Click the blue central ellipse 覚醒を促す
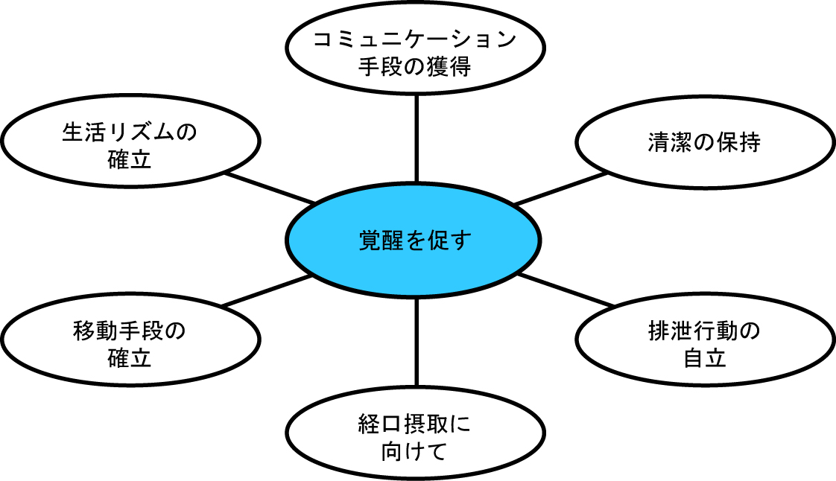point(414,240)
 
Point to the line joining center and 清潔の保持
point(560,188)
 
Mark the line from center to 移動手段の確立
point(267,291)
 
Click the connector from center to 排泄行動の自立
point(566,290)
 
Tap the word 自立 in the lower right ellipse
point(704,358)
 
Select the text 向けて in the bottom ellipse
point(414,450)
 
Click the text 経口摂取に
point(414,424)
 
